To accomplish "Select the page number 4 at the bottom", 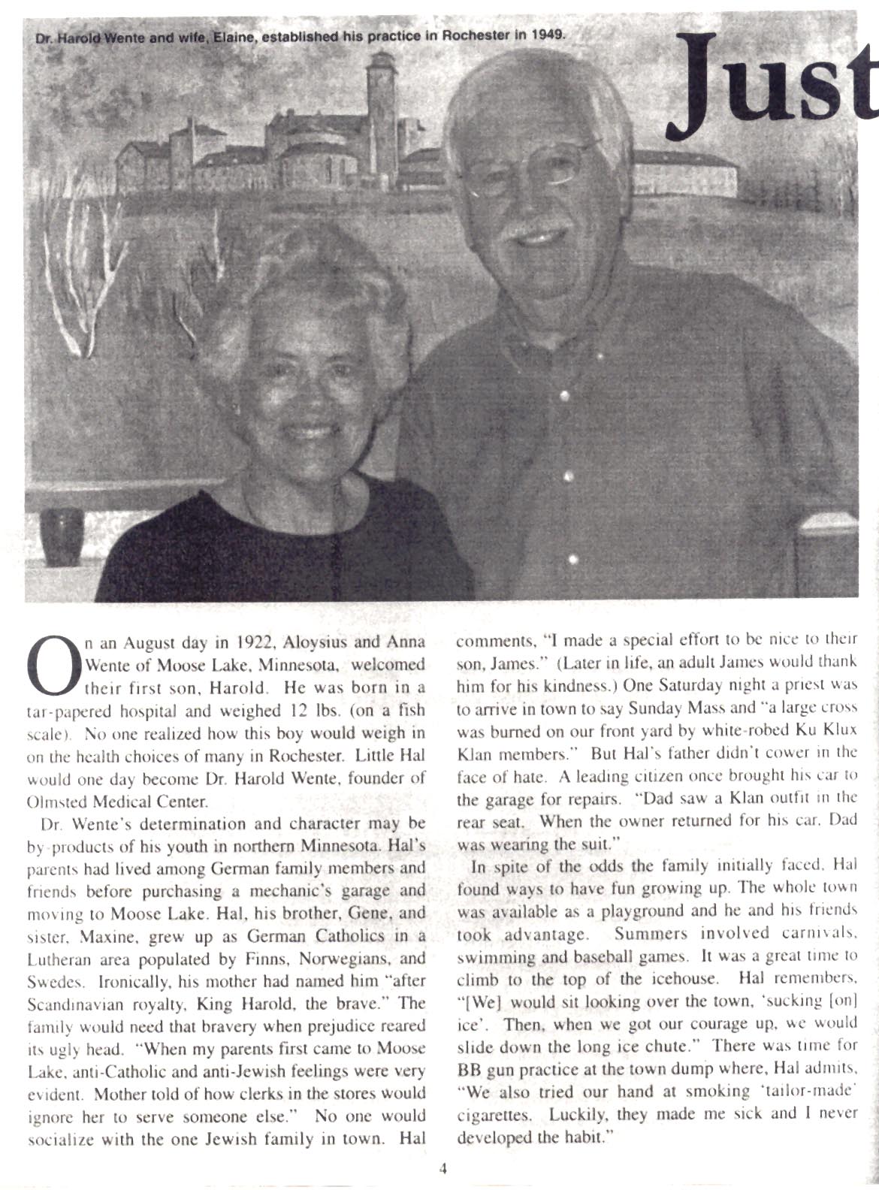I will (x=443, y=1168).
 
